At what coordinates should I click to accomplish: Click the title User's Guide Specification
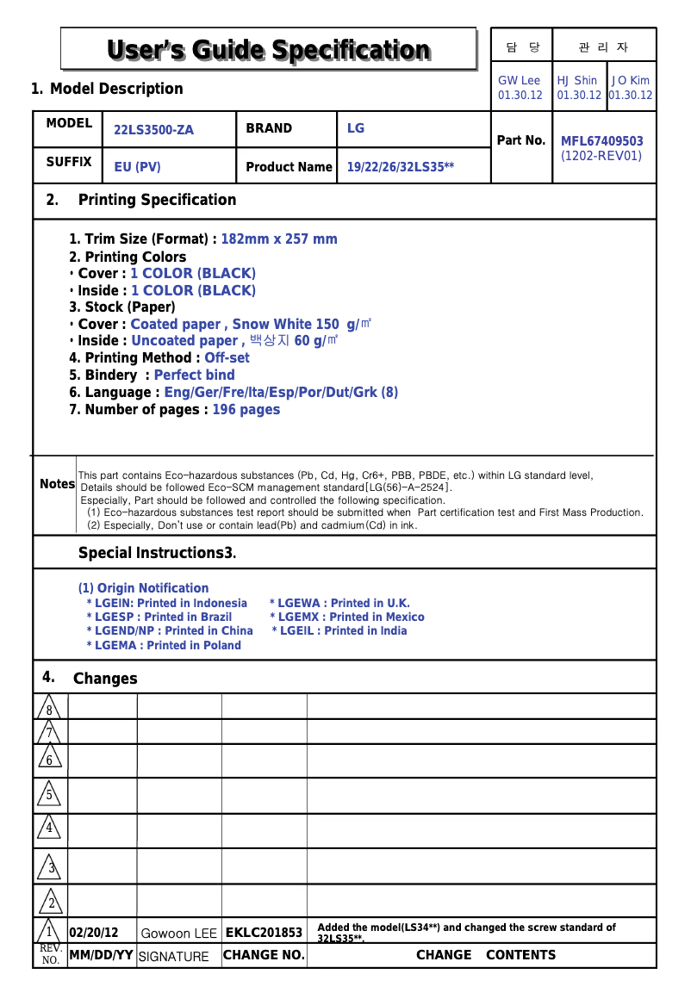click(268, 50)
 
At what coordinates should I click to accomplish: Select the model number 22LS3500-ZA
click(153, 130)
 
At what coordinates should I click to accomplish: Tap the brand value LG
click(356, 128)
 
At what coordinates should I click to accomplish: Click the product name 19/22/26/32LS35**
click(400, 167)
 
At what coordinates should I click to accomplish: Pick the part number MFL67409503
click(601, 141)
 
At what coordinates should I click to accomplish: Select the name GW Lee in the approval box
click(520, 80)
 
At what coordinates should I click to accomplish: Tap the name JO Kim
click(631, 80)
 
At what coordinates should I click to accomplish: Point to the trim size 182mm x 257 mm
click(279, 239)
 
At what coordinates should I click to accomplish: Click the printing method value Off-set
click(227, 357)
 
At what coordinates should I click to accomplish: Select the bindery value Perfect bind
click(194, 375)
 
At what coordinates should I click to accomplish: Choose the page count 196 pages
click(246, 409)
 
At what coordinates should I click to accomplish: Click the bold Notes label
click(57, 484)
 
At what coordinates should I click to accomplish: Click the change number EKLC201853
click(264, 933)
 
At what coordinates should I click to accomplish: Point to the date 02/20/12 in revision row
click(93, 933)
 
